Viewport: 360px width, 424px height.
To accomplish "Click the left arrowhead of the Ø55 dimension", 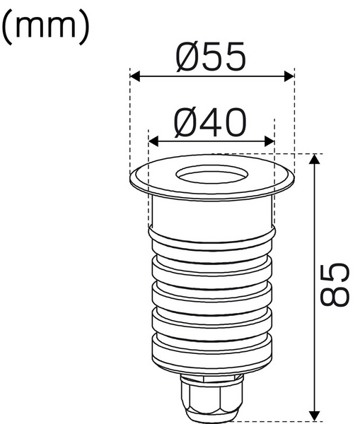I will pos(134,74).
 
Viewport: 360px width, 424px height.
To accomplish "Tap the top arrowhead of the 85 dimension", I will pos(315,160).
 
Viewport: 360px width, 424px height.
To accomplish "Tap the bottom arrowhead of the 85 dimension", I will pos(315,415).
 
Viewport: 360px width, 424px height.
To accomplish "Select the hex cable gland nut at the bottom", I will pos(211,400).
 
